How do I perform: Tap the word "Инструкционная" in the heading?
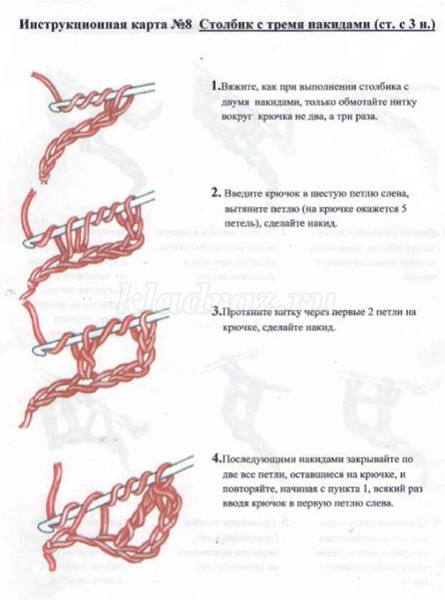pos(65,26)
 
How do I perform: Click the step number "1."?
pos(215,86)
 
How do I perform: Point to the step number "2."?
pos(215,193)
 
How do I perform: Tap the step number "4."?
pos(216,458)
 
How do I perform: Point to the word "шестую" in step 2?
pos(327,194)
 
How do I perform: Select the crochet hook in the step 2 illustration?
pos(93,220)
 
